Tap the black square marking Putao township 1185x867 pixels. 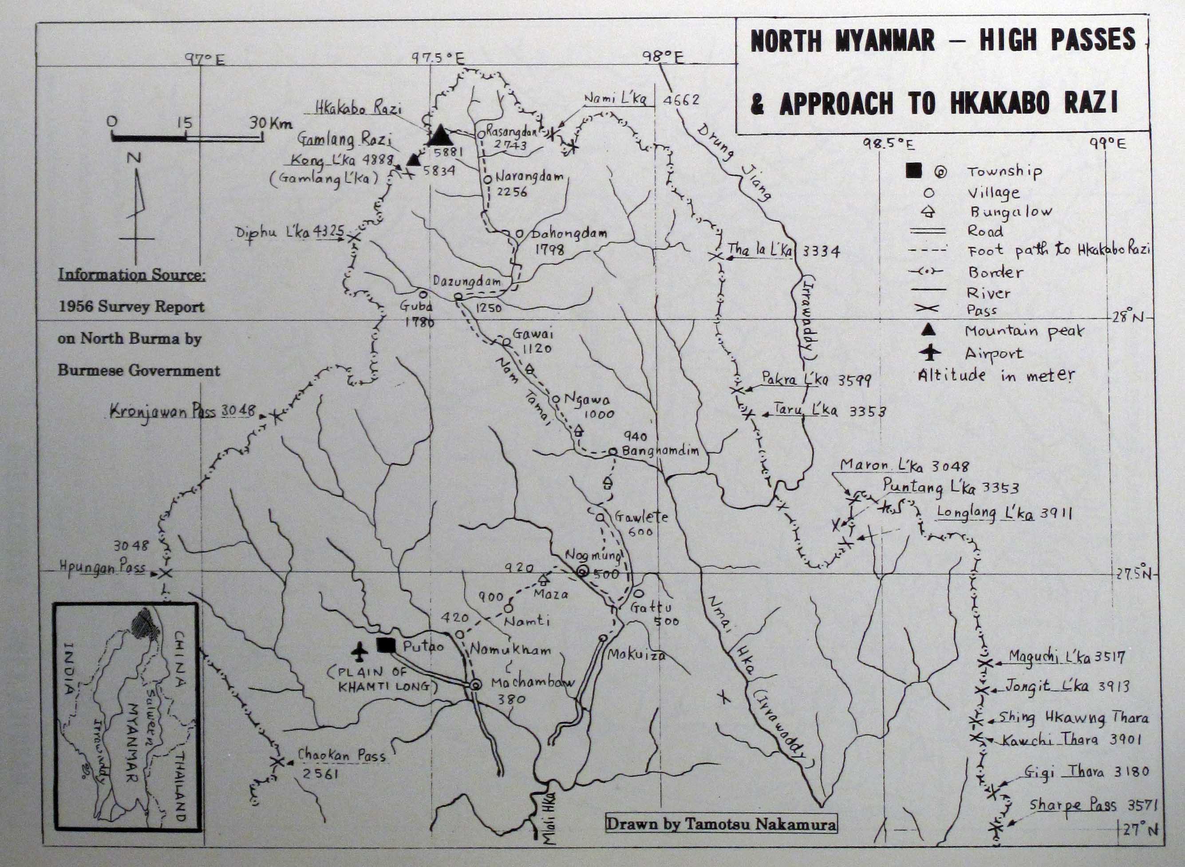coord(386,645)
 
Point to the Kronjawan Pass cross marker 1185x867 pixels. coord(275,417)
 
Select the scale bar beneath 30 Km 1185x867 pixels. coord(187,138)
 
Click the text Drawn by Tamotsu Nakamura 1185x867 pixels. coord(721,823)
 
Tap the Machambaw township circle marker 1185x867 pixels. coord(475,685)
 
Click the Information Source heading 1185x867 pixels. coord(132,274)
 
